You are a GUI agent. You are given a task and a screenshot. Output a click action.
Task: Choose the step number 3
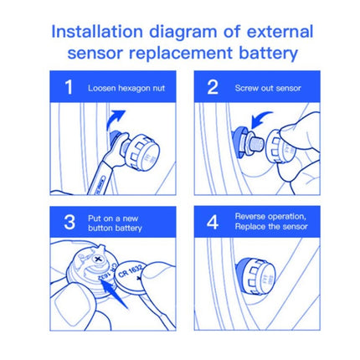pos(69,222)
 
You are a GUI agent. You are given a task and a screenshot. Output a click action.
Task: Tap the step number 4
pos(213,222)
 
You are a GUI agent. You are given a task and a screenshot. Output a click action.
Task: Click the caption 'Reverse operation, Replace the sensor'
pos(270,222)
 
